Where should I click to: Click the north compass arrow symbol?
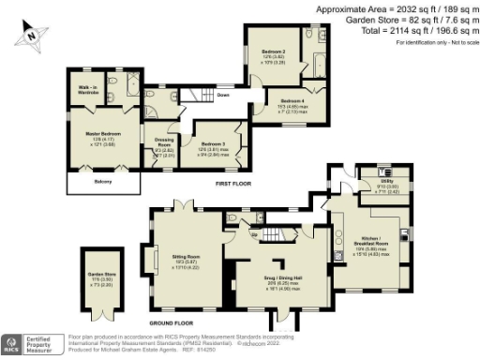[x=32, y=35]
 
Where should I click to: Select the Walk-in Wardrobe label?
[x=89, y=89]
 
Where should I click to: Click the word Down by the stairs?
[x=223, y=96]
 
